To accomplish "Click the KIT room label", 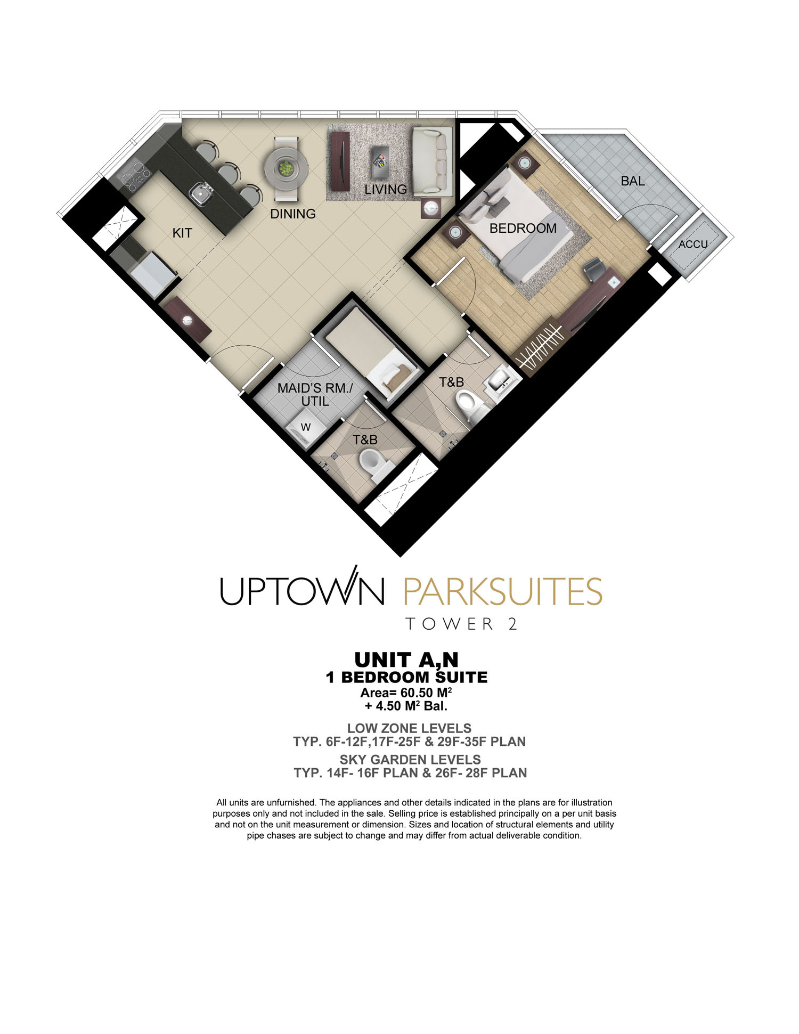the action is pos(182,233).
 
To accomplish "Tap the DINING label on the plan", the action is pos(292,214).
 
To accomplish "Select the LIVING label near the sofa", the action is pos(385,189).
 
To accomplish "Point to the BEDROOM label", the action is pos(523,228).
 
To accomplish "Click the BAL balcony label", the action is pos(632,181).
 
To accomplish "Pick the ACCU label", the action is pos(693,245).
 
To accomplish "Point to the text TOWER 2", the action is pos(461,624).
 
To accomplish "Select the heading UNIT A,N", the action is pos(406,660).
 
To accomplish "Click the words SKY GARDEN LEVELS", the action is pos(410,760).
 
